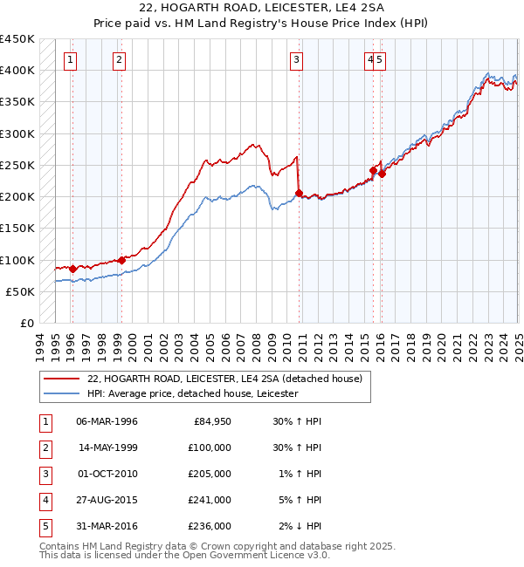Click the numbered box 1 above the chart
pos(70,59)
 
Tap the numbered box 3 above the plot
pos(297,59)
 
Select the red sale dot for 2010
pos(300,194)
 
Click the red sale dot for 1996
pos(72,270)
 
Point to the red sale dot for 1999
pos(122,260)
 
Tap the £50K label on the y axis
pos(20,291)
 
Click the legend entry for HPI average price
pos(192,394)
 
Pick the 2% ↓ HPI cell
pos(302,526)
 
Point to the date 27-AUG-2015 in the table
pos(107,500)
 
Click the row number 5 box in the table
pos(45,526)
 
